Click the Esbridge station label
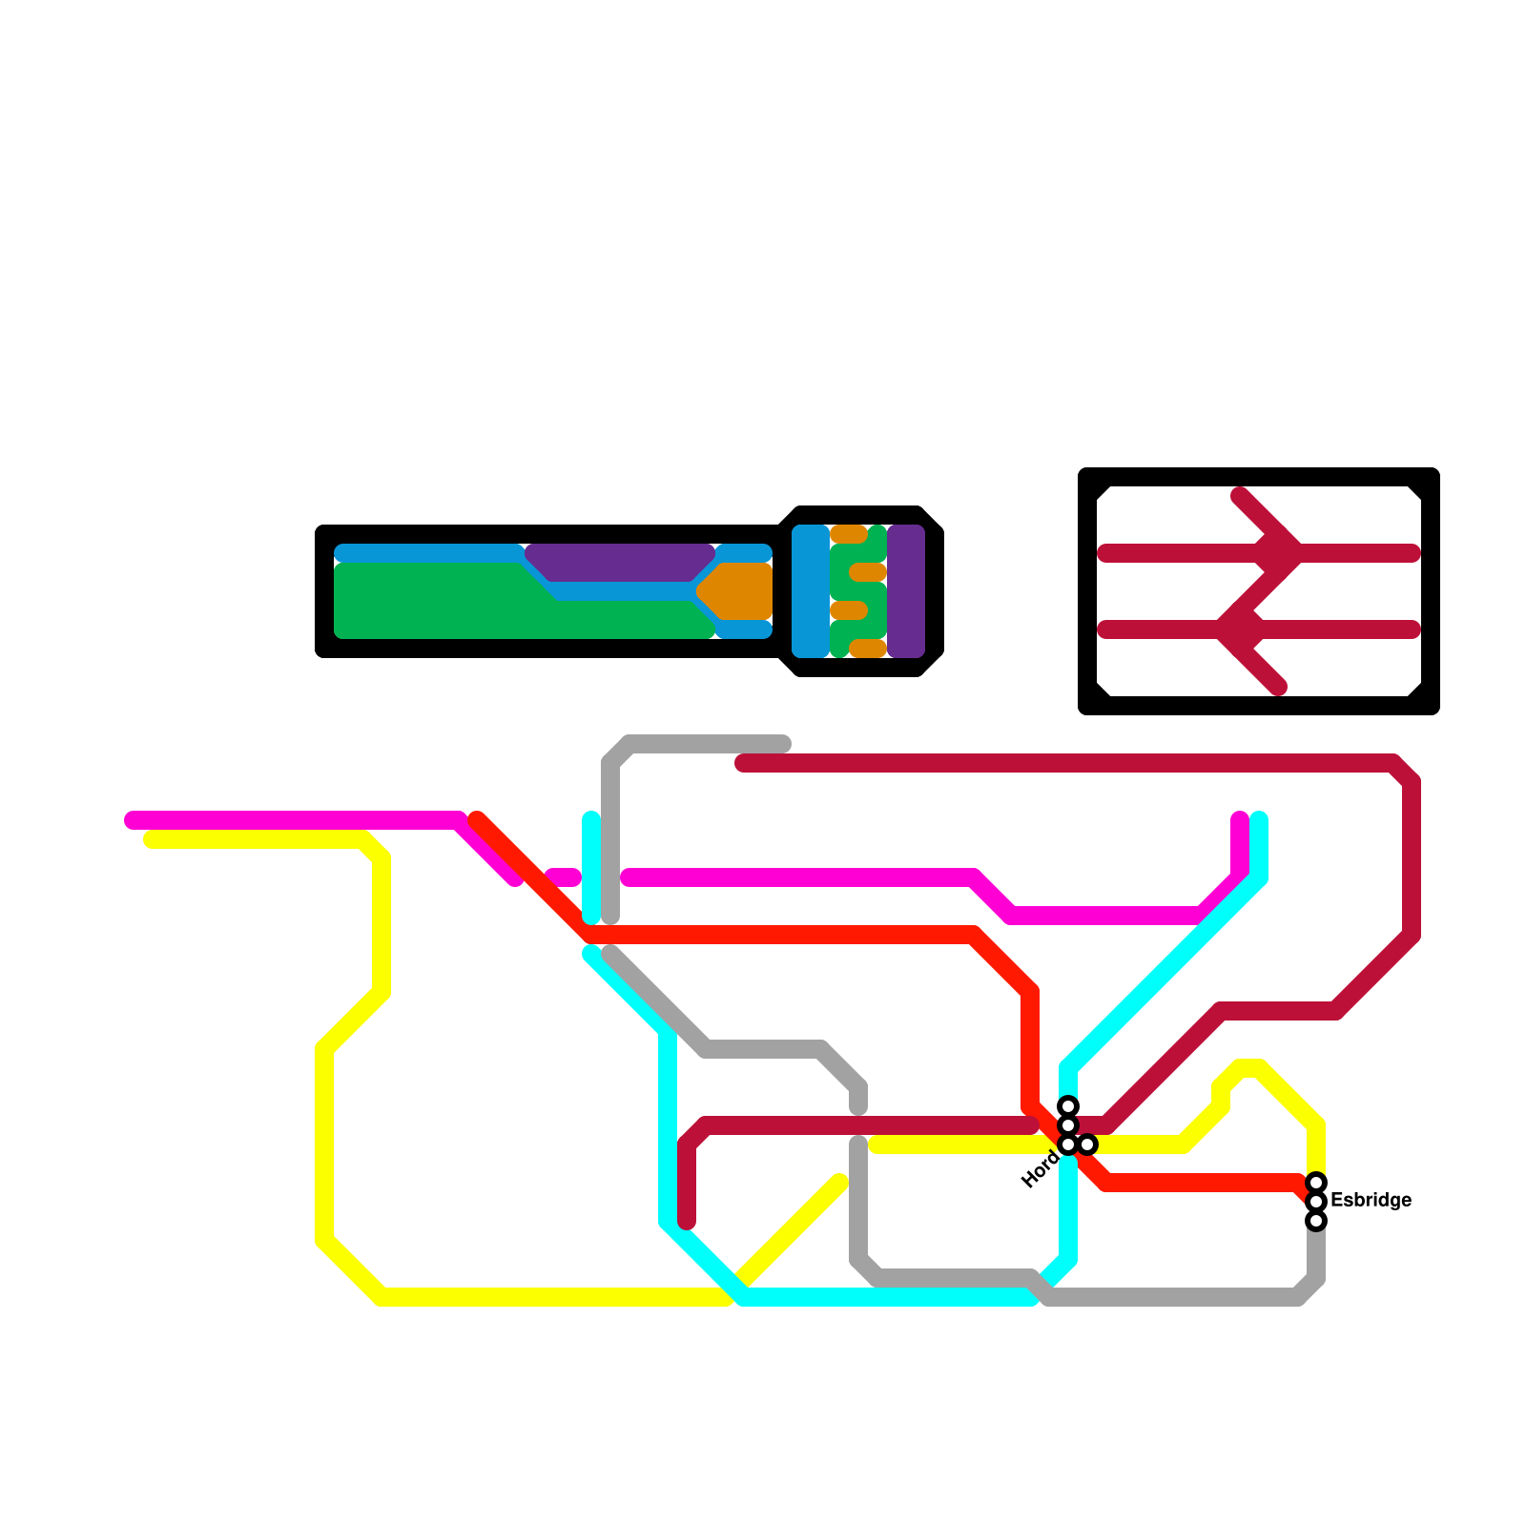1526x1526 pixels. (x=1371, y=1200)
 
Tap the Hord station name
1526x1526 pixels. (x=1040, y=1170)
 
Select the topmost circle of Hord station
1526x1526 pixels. (x=1068, y=1106)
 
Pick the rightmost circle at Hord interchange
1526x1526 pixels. (x=1087, y=1144)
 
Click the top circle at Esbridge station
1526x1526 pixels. (x=1316, y=1183)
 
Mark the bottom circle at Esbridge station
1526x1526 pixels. (x=1316, y=1221)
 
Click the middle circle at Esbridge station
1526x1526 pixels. (x=1316, y=1202)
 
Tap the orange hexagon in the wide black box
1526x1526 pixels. (x=736, y=591)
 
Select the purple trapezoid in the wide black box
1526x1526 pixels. (x=620, y=563)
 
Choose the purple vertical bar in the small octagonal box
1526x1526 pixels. (x=906, y=591)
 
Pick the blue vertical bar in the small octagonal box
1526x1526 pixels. (x=811, y=591)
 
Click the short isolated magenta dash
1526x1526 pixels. (x=563, y=877)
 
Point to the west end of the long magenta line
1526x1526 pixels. (x=132, y=820)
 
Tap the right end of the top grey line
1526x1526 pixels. (x=784, y=744)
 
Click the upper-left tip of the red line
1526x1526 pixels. (x=477, y=818)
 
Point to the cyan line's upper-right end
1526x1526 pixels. (x=1259, y=818)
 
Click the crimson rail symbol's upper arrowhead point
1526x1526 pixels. (x=1297, y=553)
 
